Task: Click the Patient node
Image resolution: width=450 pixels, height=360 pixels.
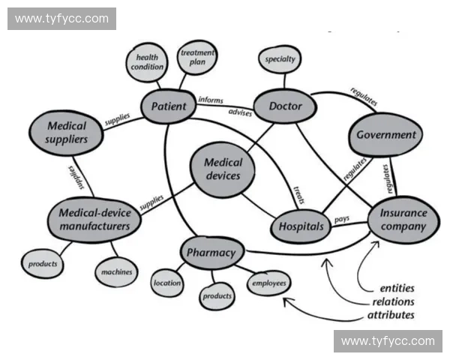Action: [169, 106]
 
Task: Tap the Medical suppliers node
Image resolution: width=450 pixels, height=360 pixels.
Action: [66, 132]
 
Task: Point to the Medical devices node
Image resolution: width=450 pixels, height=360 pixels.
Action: [223, 169]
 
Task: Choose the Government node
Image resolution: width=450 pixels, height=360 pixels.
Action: [385, 135]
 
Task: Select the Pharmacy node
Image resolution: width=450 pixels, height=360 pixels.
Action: [211, 253]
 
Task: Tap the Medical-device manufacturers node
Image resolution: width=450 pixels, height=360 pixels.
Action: [94, 218]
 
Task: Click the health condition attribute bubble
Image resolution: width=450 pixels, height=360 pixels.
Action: [147, 61]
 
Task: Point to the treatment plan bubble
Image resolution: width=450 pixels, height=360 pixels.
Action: [197, 58]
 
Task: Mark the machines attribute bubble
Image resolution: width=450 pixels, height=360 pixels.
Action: [117, 271]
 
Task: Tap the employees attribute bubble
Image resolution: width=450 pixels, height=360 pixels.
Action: [268, 283]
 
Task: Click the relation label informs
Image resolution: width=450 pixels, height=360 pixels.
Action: [211, 99]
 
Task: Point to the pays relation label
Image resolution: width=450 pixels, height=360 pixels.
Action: [342, 218]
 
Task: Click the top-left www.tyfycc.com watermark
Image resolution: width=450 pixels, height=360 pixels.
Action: [62, 19]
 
